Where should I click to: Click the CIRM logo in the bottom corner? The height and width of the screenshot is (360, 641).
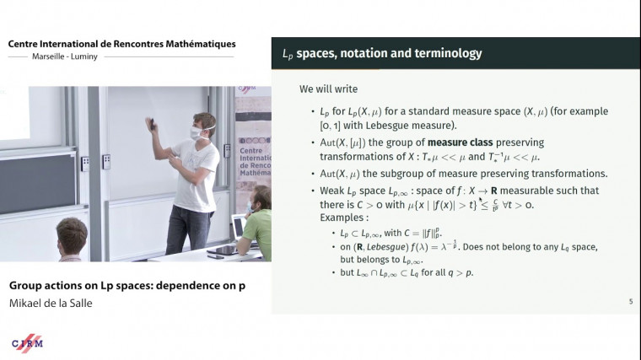[x=27, y=342]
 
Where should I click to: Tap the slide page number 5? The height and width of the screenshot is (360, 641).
[x=631, y=302]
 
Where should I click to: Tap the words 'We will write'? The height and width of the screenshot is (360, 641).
[x=328, y=89]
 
